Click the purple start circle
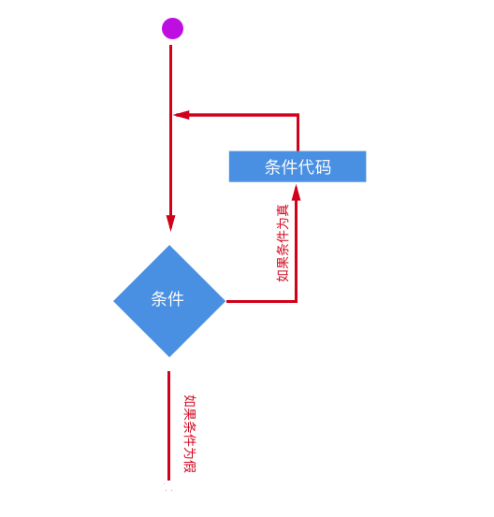[172, 28]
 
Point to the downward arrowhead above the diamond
[170, 223]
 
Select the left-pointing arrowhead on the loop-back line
[182, 115]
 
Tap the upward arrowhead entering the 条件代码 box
[296, 193]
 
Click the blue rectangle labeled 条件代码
[298, 166]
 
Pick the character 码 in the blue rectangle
[323, 166]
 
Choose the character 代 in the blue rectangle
[306, 166]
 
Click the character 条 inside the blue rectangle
[272, 166]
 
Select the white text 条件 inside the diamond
[167, 299]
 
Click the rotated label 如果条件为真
[283, 243]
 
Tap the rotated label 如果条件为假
[190, 433]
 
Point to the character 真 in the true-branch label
[283, 210]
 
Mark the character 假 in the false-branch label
[190, 467]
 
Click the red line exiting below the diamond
[169, 425]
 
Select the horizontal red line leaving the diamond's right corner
[261, 301]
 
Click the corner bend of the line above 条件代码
[298, 115]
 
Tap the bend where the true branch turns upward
[296, 301]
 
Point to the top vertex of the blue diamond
[169, 245]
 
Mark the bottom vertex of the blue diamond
[169, 356]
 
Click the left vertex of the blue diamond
[114, 301]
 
